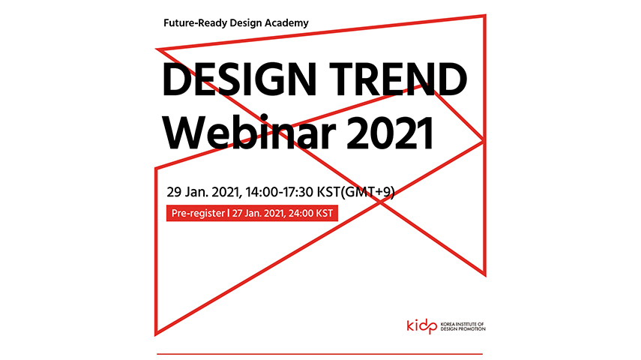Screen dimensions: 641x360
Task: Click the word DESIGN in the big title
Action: point(239,79)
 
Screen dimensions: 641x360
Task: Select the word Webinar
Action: point(249,132)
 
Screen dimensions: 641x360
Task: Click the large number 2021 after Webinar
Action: point(390,133)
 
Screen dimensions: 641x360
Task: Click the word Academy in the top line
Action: point(286,23)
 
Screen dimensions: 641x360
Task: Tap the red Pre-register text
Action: point(198,214)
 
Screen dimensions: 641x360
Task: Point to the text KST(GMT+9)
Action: point(355,192)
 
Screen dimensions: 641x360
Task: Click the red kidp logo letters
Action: point(422,326)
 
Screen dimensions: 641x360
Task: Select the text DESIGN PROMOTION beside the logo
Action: point(463,329)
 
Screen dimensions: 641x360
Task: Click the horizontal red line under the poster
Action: point(319,354)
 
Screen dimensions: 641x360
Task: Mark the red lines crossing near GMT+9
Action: point(380,202)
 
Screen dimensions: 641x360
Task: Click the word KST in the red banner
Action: point(325,214)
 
